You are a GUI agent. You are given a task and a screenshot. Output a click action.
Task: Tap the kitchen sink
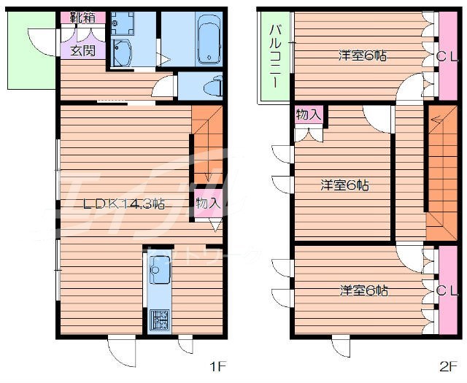point(158,274)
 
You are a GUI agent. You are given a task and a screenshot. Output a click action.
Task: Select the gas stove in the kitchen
point(160,318)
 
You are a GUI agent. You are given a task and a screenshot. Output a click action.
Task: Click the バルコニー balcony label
point(276,56)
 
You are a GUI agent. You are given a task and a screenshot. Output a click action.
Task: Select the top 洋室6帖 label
point(361,55)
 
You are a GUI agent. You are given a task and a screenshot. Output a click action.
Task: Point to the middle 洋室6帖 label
point(344,185)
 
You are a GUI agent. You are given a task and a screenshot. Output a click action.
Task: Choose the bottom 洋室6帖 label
point(363,290)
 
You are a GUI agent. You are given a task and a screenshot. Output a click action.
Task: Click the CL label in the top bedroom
point(447,57)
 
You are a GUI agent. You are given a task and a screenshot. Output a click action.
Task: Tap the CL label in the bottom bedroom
point(447,290)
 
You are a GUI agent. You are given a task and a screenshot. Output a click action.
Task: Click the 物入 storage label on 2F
point(309,115)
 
